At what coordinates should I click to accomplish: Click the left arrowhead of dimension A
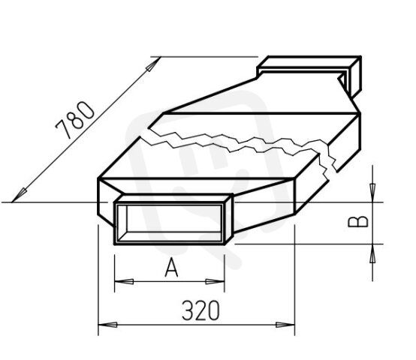coord(120,282)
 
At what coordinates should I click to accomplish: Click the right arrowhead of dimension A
coord(219,282)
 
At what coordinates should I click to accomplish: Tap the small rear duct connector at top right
coord(311,72)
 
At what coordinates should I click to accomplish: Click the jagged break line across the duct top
coord(240,139)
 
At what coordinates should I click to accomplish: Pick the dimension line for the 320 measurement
coord(197,325)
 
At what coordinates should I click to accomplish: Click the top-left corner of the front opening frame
coord(114,202)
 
